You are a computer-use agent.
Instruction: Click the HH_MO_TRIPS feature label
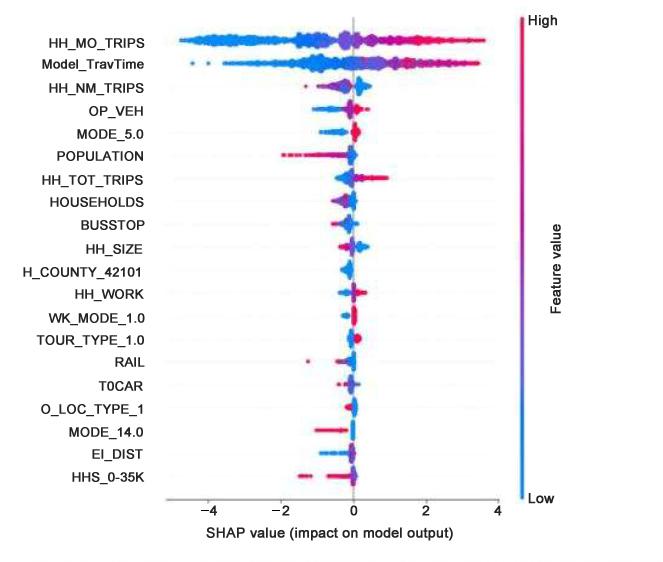(96, 43)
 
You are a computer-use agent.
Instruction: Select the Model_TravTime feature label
(92, 65)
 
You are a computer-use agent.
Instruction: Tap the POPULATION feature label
(100, 156)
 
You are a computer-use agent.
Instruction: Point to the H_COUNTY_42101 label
(82, 271)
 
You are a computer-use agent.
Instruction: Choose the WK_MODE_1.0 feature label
(95, 317)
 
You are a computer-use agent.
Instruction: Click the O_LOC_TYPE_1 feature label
(91, 408)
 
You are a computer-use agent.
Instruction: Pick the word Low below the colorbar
(549, 496)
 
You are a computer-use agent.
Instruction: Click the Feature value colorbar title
(557, 257)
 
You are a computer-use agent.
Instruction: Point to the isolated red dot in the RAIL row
(308, 360)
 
